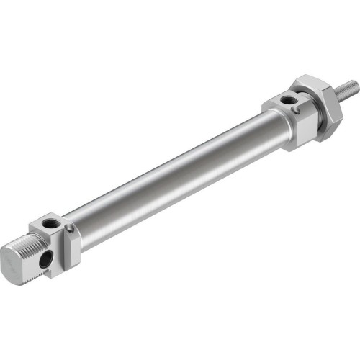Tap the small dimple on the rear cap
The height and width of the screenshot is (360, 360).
click(70, 229)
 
